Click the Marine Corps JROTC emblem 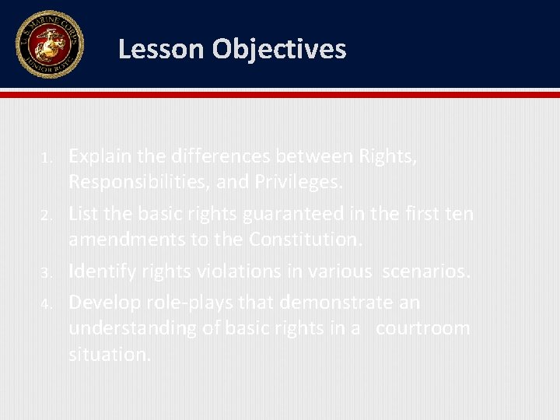point(48,44)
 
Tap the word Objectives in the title point(279,50)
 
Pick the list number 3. point(46,273)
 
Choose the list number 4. point(46,303)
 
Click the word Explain point(100,157)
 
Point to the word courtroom point(423,327)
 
